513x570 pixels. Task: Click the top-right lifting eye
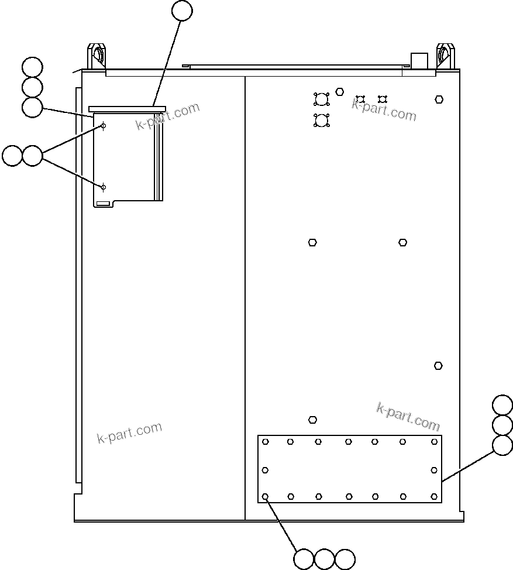[445, 56]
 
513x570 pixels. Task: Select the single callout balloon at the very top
[183, 11]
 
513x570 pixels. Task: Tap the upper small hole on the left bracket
[104, 126]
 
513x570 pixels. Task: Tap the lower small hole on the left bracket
[104, 187]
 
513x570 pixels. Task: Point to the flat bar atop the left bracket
[127, 108]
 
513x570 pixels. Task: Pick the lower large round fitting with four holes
[321, 121]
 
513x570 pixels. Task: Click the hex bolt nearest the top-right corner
[439, 99]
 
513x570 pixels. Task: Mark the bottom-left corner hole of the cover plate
[266, 497]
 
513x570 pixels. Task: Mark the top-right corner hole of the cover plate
[434, 441]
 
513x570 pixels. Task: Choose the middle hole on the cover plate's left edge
[265, 470]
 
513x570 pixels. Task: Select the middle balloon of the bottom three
[324, 559]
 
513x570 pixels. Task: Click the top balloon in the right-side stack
[502, 405]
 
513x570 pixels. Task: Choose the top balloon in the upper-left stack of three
[32, 67]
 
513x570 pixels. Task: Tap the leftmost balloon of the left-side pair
[12, 156]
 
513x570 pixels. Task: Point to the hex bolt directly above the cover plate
[313, 420]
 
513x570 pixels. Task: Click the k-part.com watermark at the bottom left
[129, 432]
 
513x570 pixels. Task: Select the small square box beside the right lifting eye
[419, 61]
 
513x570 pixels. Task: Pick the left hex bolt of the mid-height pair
[312, 242]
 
